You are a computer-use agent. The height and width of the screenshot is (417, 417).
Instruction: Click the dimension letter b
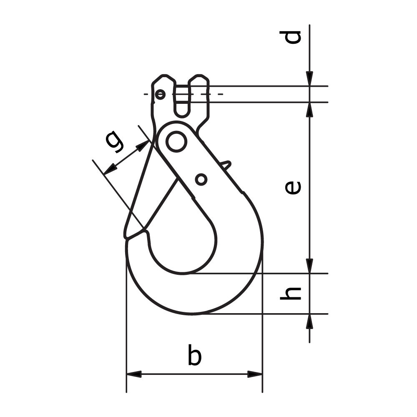pyautogui.click(x=194, y=355)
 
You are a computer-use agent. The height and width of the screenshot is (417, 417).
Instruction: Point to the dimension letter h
pyautogui.click(x=291, y=293)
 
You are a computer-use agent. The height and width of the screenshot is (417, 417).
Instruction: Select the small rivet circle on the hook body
pyautogui.click(x=201, y=179)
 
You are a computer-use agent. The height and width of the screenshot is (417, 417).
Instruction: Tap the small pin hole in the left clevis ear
pyautogui.click(x=160, y=95)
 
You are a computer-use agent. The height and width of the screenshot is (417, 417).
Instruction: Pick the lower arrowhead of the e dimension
pyautogui.click(x=309, y=266)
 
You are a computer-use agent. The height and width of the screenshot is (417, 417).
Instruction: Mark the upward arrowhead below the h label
pyautogui.click(x=309, y=321)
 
